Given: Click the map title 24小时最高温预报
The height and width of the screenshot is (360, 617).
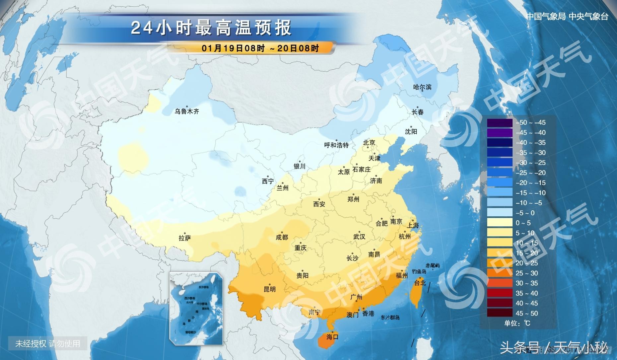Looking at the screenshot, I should [211, 28].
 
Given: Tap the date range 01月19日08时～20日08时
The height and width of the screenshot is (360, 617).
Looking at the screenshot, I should [260, 48].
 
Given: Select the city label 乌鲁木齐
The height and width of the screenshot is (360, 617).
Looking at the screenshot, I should [187, 111].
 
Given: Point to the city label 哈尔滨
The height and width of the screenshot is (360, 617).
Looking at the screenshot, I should [422, 87].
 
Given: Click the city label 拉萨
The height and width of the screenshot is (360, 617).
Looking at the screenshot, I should [185, 238].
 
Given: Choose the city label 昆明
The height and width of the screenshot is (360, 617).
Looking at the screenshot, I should [270, 289].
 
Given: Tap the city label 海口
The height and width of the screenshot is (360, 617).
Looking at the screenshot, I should [332, 337].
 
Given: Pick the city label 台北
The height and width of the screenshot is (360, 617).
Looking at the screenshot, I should [420, 283].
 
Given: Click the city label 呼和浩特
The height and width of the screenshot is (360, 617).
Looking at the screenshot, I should [336, 145].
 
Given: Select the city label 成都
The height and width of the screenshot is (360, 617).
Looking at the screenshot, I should [282, 237].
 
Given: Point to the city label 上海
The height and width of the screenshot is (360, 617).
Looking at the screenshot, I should [413, 226].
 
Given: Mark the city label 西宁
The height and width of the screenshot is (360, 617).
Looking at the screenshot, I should [268, 181].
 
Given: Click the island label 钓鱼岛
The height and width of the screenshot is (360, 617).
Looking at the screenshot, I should [419, 271].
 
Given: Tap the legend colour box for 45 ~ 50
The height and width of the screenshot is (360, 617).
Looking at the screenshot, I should [500, 313].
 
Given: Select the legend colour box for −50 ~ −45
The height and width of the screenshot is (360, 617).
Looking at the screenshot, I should [500, 122].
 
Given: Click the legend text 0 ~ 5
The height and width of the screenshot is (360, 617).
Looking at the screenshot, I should [523, 223].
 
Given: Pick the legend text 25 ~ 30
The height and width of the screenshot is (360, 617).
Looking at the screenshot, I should [526, 273].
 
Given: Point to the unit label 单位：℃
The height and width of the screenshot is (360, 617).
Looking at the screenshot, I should [517, 323].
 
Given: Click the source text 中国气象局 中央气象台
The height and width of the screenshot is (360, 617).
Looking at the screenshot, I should [567, 17].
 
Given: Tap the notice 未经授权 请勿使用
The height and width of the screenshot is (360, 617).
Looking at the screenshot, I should [48, 343].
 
